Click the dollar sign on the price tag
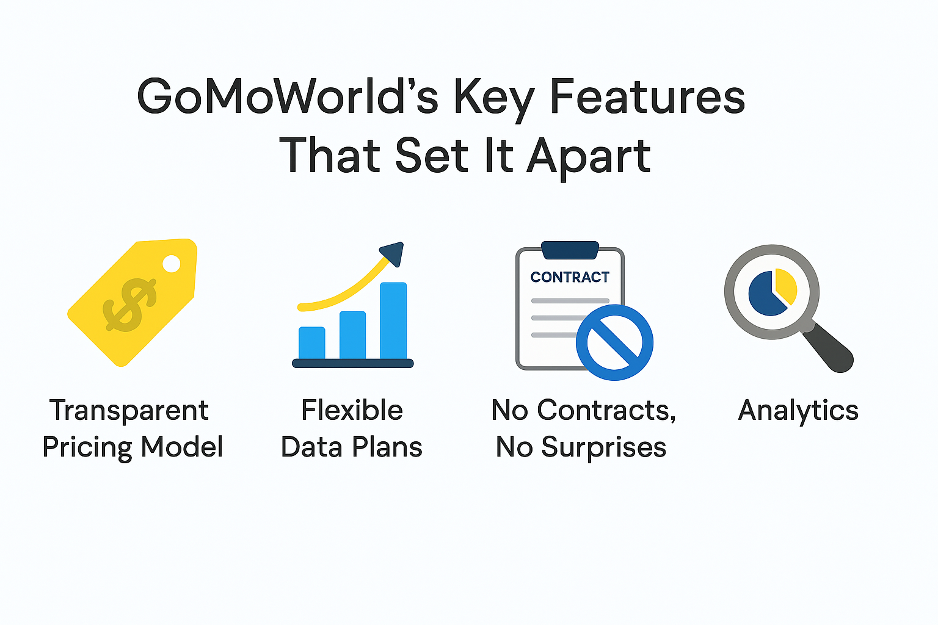click(129, 304)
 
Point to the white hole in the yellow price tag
click(172, 264)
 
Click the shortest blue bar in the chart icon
click(311, 342)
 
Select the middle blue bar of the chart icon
click(352, 334)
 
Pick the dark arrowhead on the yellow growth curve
click(393, 253)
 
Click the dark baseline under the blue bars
click(353, 363)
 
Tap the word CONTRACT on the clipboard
click(570, 277)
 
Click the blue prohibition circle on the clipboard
click(614, 342)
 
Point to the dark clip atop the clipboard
click(570, 250)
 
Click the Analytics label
click(798, 410)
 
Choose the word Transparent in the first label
click(129, 411)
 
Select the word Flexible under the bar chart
click(352, 410)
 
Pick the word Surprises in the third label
click(603, 447)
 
